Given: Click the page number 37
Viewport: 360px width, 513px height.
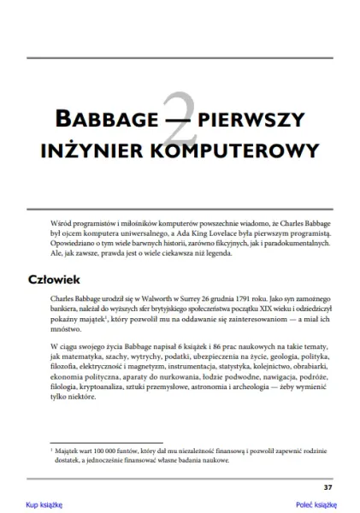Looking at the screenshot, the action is coord(328,487).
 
